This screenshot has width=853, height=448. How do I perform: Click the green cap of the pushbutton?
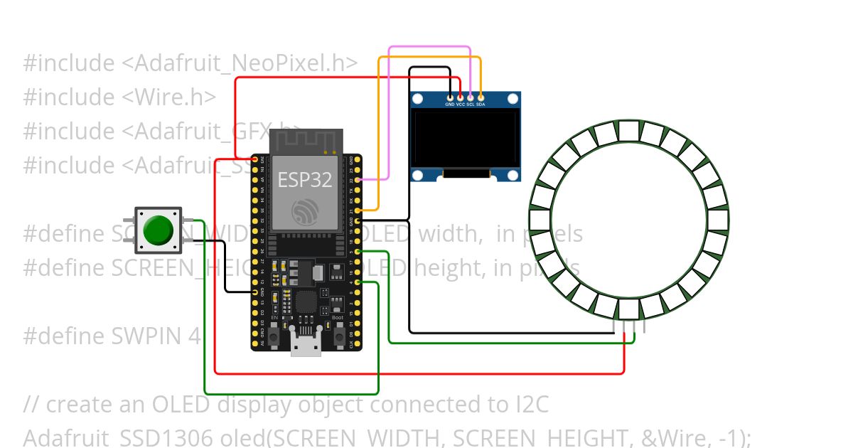(x=158, y=230)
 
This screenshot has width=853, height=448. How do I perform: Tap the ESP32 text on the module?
(x=305, y=180)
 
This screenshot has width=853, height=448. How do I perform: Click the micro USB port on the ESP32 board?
(x=305, y=346)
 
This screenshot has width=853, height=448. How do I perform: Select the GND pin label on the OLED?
(x=449, y=105)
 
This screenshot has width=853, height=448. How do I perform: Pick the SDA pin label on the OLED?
(x=481, y=105)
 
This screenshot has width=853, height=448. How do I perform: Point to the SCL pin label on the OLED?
(x=471, y=105)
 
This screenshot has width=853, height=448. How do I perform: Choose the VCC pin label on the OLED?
(x=460, y=105)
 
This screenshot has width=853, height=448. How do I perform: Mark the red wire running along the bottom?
(x=419, y=373)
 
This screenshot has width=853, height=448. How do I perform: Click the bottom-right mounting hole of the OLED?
(x=513, y=176)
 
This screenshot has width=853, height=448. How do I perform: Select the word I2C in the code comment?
(x=530, y=404)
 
